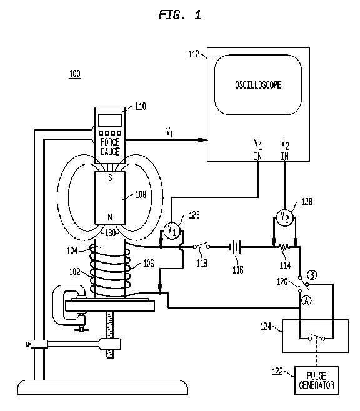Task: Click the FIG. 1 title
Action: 180,15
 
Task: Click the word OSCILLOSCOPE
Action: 258,85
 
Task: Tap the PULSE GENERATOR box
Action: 316,380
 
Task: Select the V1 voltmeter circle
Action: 172,231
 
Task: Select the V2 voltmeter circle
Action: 284,217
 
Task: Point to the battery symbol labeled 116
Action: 235,247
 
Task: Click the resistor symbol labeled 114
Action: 284,247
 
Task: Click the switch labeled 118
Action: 201,246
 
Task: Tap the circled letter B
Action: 312,275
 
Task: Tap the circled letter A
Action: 306,300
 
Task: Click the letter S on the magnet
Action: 110,177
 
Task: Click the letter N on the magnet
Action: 110,217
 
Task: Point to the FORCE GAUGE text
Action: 110,147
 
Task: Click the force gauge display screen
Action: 110,120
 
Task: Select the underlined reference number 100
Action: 75,74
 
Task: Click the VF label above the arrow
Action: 170,132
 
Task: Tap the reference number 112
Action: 194,54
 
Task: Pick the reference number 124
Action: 266,327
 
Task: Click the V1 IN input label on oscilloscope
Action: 258,150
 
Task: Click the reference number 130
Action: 110,233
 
